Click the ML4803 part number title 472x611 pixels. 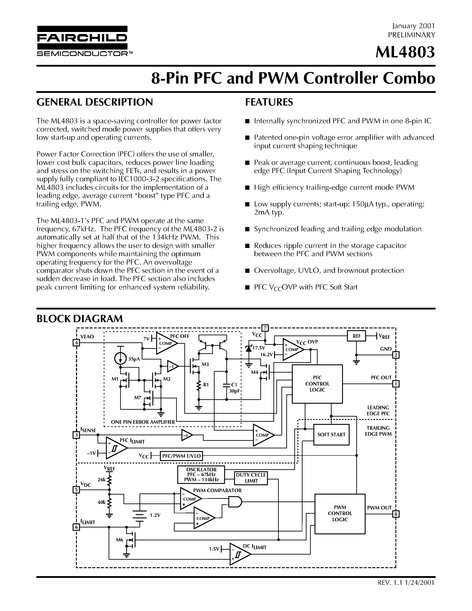click(405, 52)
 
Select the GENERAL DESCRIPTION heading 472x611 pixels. click(95, 102)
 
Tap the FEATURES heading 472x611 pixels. click(269, 102)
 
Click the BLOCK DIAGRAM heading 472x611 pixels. click(80, 319)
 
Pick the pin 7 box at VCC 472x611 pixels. click(265, 328)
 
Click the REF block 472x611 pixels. click(356, 336)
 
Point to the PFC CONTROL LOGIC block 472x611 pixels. click(317, 384)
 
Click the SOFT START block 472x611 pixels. click(331, 434)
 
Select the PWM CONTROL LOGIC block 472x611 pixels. click(340, 514)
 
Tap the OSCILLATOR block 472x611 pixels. click(201, 475)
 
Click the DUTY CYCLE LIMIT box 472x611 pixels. click(251, 478)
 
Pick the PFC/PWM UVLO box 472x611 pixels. click(181, 456)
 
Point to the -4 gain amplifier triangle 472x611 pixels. click(187, 435)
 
